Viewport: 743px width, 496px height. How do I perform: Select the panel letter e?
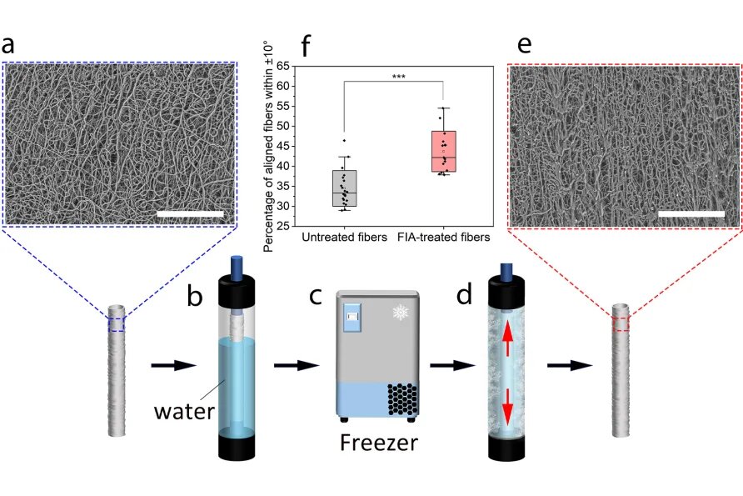pyautogui.click(x=525, y=45)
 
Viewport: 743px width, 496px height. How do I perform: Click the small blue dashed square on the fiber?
pyautogui.click(x=117, y=323)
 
